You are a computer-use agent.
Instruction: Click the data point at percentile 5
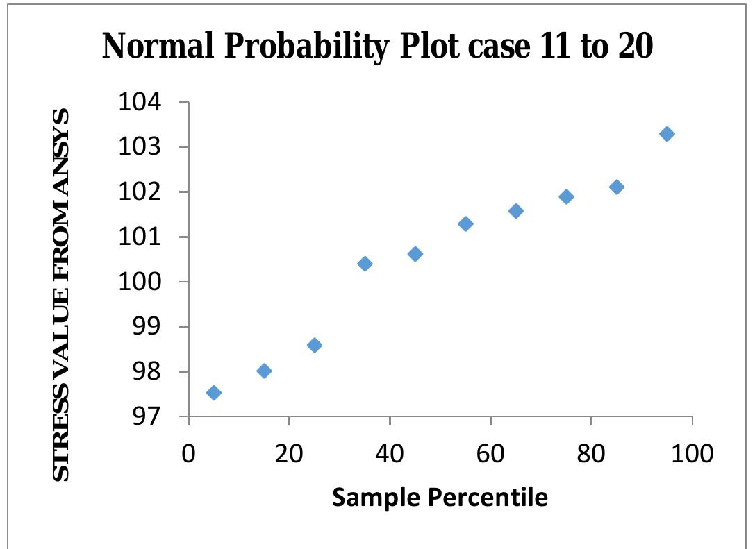click(214, 393)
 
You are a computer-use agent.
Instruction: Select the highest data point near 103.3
click(667, 134)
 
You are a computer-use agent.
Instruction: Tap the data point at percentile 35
click(365, 264)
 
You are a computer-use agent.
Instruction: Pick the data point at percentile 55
click(465, 223)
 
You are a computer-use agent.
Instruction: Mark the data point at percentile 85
click(616, 187)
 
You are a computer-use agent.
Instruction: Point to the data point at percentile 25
click(314, 345)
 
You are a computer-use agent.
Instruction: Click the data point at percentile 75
click(566, 196)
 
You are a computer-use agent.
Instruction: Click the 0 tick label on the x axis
click(188, 454)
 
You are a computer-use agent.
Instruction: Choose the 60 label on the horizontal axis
click(490, 454)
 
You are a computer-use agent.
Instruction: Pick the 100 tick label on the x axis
click(692, 454)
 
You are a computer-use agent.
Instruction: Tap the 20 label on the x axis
click(289, 454)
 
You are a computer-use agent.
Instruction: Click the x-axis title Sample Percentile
click(440, 497)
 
